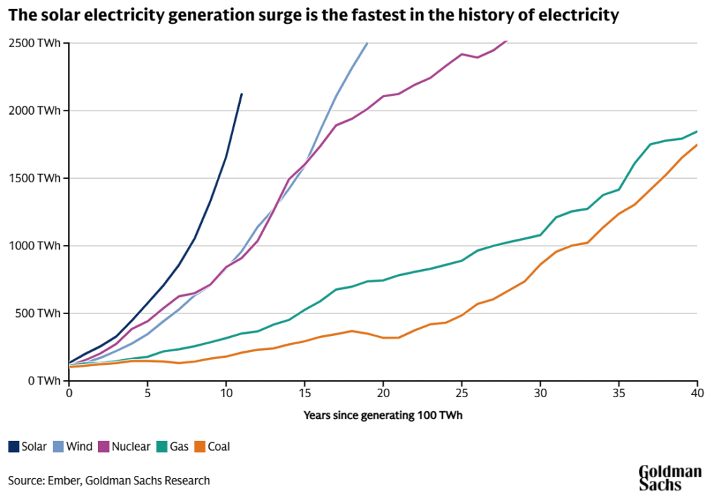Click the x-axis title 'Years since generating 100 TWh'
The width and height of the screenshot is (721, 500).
(x=382, y=415)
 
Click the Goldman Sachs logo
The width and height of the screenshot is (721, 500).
(x=670, y=477)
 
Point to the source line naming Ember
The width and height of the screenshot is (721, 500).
(x=109, y=481)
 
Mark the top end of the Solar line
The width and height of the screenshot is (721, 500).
(x=242, y=94)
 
